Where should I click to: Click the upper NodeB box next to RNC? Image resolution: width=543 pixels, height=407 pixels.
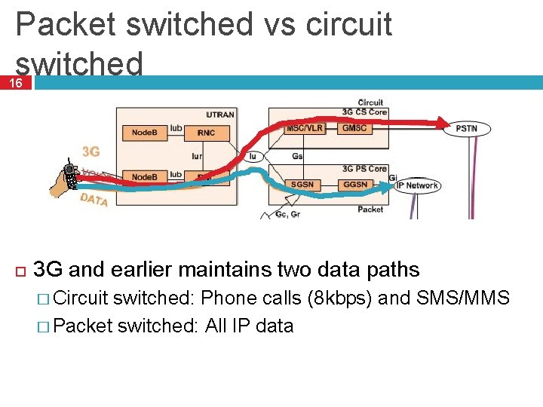coord(144,133)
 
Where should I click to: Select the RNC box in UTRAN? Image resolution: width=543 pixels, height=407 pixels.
coord(206,133)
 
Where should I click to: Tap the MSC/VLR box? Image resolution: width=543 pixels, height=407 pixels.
coord(305,128)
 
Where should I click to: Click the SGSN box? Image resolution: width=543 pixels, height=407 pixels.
coord(304,184)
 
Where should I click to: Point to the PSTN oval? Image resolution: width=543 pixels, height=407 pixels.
coord(466,129)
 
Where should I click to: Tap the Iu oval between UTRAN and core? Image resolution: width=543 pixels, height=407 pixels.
coord(254,157)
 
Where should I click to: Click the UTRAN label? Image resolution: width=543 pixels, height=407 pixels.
coord(220,115)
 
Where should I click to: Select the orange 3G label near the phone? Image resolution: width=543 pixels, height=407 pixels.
coord(91,151)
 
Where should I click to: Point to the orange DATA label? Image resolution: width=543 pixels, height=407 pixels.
coord(94,199)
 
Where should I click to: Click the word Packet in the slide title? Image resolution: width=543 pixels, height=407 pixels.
coord(65,25)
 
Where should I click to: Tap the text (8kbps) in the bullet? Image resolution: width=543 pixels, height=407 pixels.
coord(339,298)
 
